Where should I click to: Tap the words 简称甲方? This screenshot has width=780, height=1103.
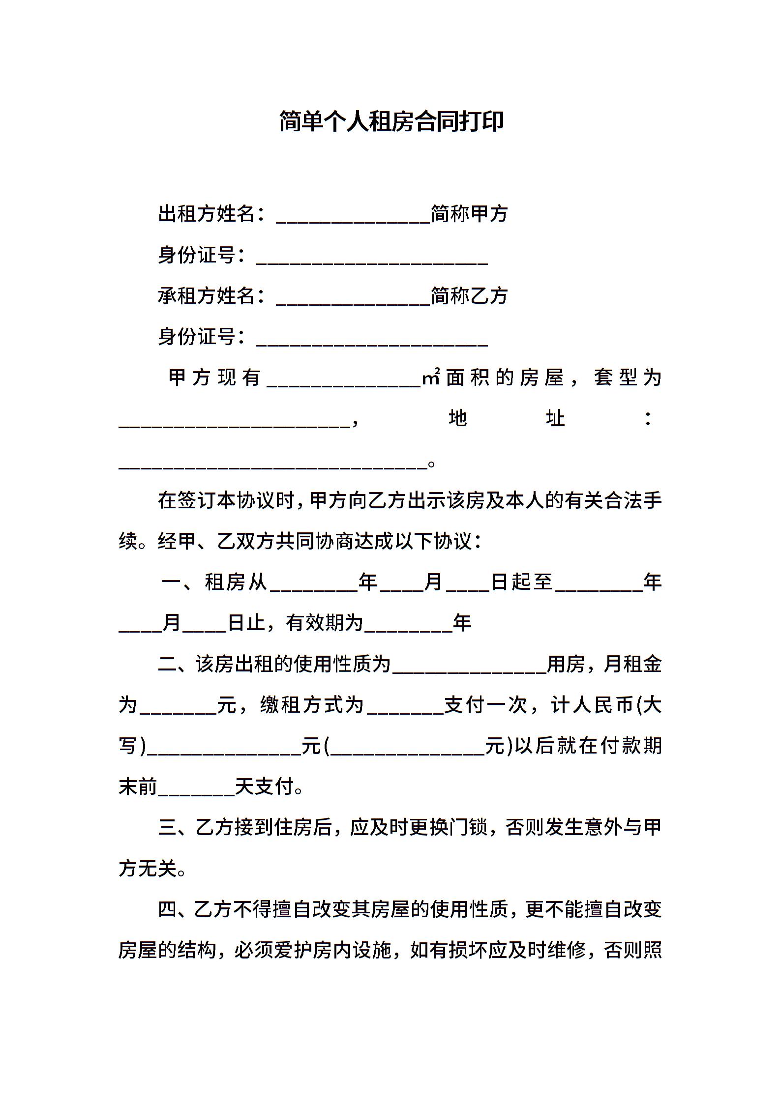[x=469, y=214]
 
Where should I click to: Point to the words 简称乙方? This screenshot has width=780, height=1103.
[x=469, y=296]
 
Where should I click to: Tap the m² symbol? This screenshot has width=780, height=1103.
[x=431, y=378]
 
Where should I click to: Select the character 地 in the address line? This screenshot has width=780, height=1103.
[x=457, y=419]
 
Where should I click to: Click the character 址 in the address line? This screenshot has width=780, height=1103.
[x=555, y=419]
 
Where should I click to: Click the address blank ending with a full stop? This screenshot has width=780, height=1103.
[x=272, y=464]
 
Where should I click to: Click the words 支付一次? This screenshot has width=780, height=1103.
[x=485, y=706]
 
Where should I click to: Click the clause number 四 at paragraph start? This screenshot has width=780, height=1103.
[x=168, y=910]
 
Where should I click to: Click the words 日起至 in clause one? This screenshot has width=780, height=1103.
[x=522, y=582]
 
